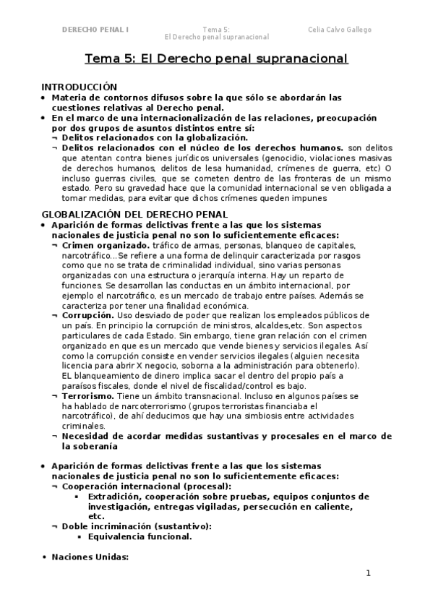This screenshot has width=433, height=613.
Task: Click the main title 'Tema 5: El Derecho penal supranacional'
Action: point(216,59)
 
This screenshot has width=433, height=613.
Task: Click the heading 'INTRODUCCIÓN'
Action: point(79,86)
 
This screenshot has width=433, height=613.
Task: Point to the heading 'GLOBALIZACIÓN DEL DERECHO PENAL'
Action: point(135,214)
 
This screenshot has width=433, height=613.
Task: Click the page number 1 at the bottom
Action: point(368,574)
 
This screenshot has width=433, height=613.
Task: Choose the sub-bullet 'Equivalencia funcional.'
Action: point(140,536)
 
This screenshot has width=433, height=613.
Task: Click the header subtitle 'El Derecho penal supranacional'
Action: point(217,37)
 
